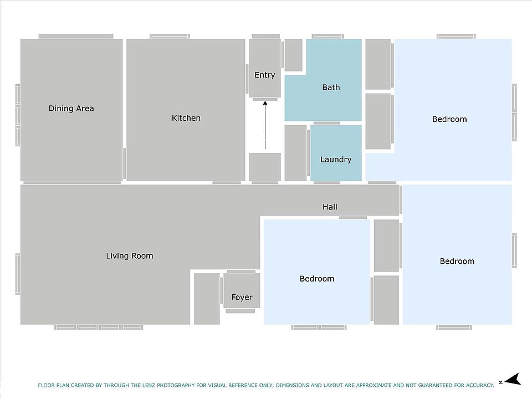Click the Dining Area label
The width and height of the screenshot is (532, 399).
tap(71, 109)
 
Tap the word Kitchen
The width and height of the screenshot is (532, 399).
tap(186, 118)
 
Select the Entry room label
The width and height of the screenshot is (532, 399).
tap(265, 75)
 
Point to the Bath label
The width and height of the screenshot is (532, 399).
tap(331, 88)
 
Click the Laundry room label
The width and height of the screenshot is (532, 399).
tap(336, 160)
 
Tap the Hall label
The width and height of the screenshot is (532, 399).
tap(330, 207)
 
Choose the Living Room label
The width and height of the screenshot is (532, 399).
tap(130, 256)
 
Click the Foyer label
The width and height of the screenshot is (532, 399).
tap(242, 298)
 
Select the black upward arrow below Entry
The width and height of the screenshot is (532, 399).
tap(265, 125)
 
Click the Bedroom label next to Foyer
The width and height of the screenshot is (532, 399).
tap(317, 279)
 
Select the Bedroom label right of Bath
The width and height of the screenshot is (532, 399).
tap(449, 120)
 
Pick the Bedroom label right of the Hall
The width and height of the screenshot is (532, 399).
tap(457, 261)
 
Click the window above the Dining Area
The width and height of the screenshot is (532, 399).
tap(76, 37)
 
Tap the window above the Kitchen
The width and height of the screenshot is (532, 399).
tap(170, 37)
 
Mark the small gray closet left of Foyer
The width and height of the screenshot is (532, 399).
tap(207, 299)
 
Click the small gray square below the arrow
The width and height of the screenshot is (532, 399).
tap(265, 167)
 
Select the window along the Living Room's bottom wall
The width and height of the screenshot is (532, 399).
tap(99, 328)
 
